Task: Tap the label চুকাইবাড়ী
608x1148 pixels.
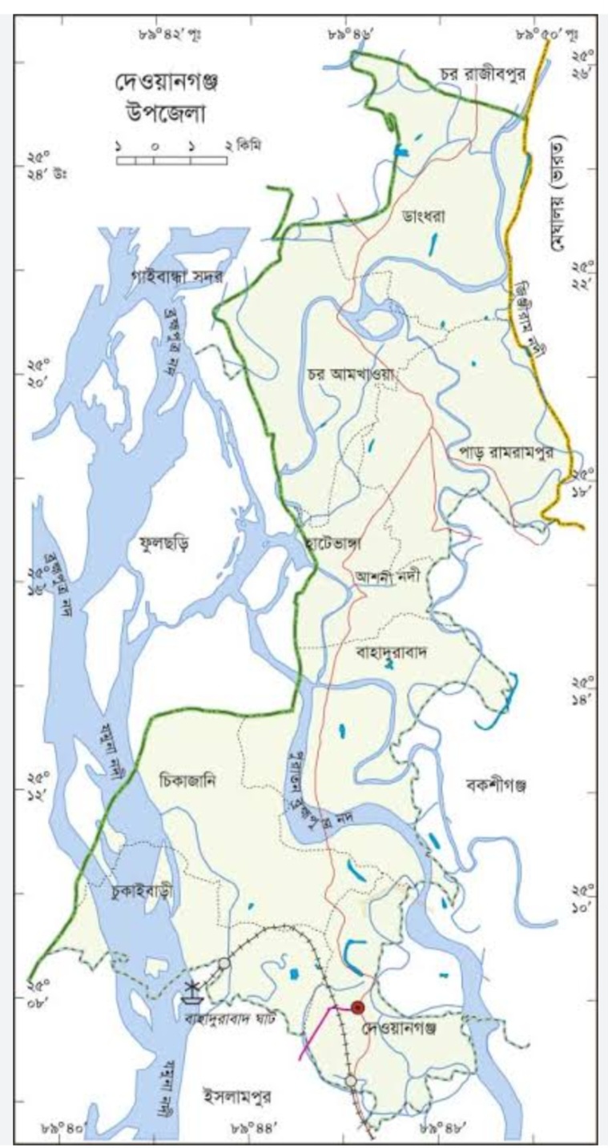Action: click(142, 891)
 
